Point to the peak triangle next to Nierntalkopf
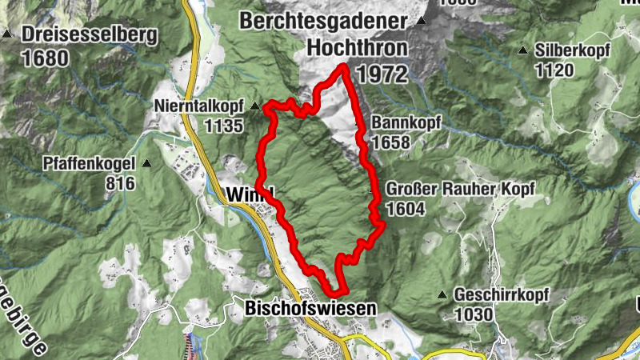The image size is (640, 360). tap(254, 106)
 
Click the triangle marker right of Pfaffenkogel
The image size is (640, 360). tap(146, 164)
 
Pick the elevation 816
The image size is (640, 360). tap(120, 182)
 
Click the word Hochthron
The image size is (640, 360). tap(356, 48)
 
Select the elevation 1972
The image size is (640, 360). tap(382, 74)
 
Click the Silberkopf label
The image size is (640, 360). tap(574, 50)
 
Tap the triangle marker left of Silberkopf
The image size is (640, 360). tap(523, 50)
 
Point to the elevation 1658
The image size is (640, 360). tap(390, 142)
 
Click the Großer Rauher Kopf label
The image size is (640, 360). tap(458, 189)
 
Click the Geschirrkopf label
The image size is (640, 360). tap(501, 294)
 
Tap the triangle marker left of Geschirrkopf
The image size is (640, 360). tap(442, 294)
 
